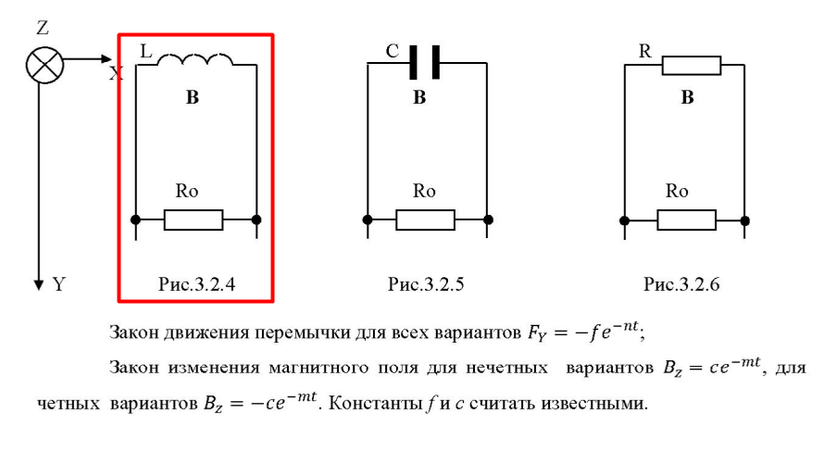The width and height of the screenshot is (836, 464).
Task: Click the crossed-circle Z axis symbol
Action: click(42, 65)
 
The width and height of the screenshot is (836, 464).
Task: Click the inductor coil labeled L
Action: click(195, 61)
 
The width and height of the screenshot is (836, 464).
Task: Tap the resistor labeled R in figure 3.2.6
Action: click(692, 64)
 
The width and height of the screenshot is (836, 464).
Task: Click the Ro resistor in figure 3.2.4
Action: click(193, 219)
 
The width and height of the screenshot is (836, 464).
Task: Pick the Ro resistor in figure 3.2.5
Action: click(425, 219)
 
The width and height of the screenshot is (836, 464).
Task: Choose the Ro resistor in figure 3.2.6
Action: click(686, 219)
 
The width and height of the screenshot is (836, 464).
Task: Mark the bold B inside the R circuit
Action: click(687, 97)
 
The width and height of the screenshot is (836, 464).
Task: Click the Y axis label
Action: click(59, 284)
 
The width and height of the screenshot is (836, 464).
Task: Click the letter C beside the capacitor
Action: click(393, 53)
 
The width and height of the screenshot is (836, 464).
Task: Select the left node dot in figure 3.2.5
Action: click(368, 219)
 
